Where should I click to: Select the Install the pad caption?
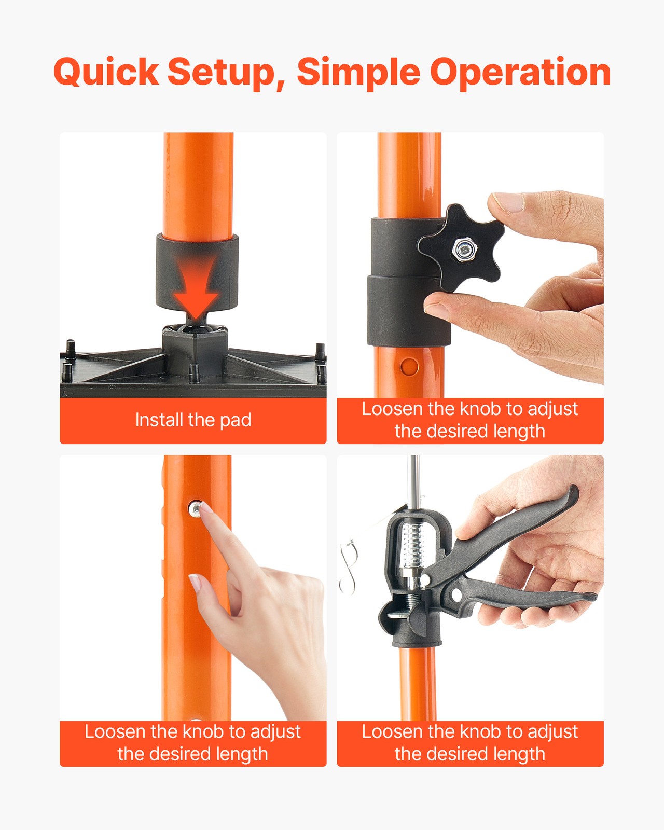193,420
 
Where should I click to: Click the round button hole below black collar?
409,366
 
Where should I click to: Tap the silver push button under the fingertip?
196,508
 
